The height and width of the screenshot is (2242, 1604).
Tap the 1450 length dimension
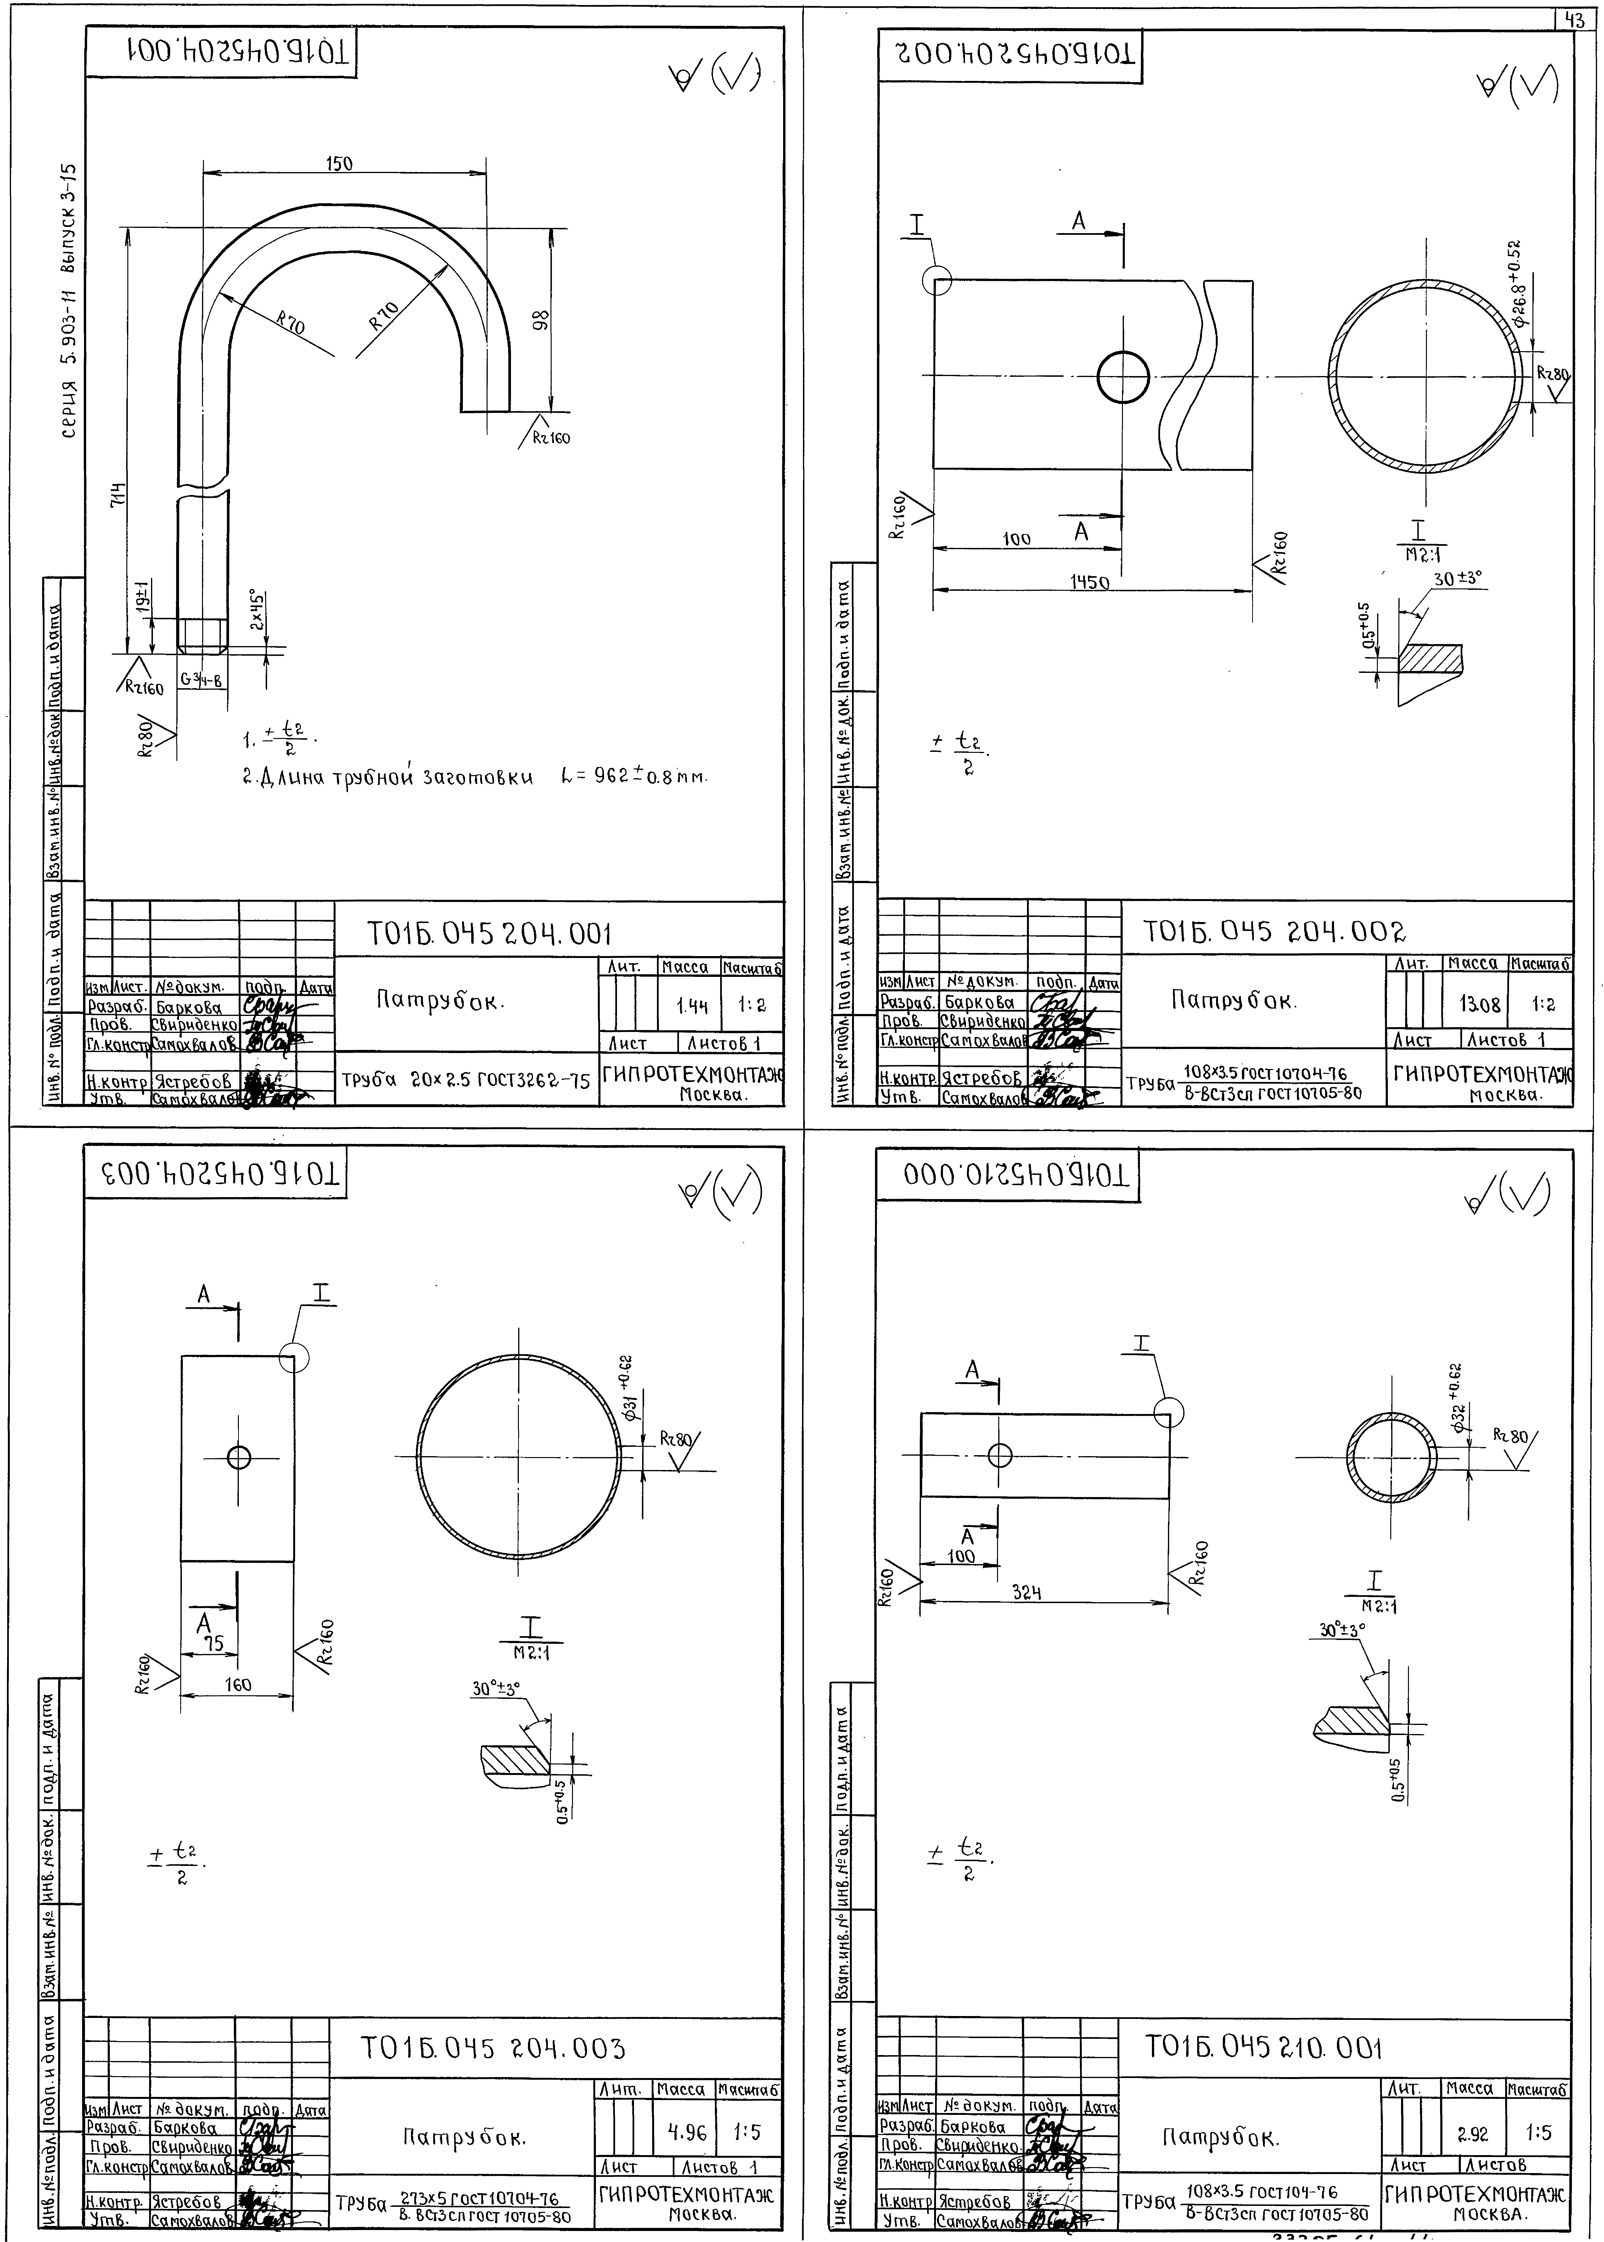[x=1090, y=583]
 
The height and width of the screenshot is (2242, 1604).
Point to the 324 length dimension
[x=1027, y=1592]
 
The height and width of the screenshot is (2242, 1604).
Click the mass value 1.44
[x=692, y=1006]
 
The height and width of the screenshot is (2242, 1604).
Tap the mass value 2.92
[x=1473, y=2133]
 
